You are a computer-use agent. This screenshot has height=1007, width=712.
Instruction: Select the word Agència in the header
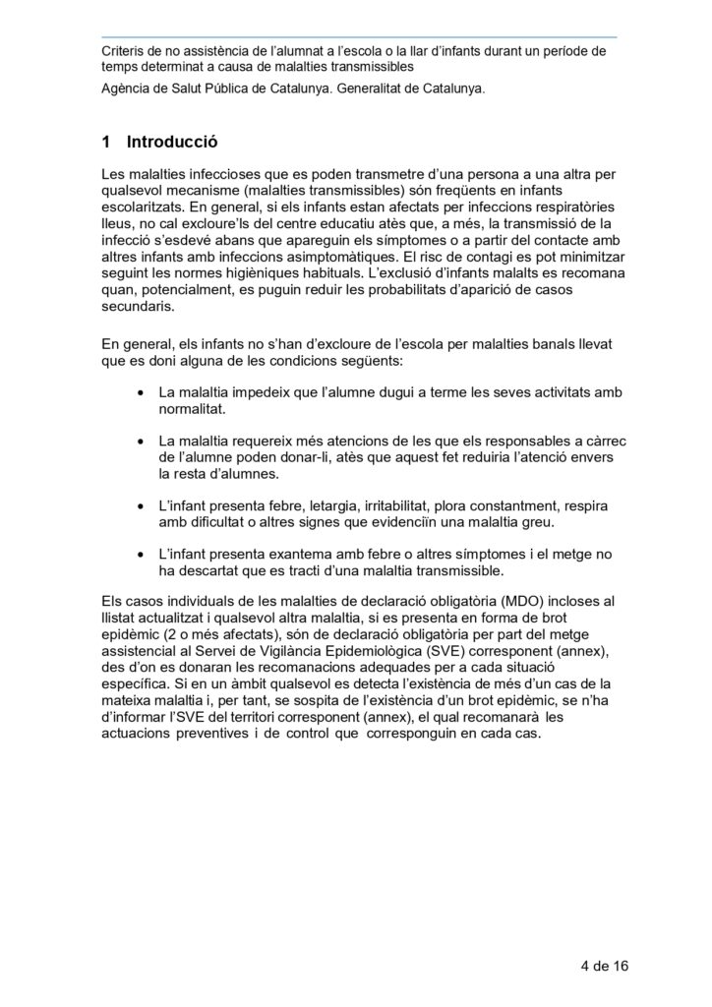[129, 88]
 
